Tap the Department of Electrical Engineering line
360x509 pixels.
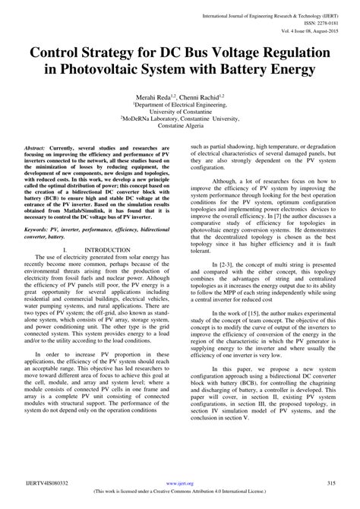(x=181, y=106)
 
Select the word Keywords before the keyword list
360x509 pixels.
(x=39, y=228)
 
